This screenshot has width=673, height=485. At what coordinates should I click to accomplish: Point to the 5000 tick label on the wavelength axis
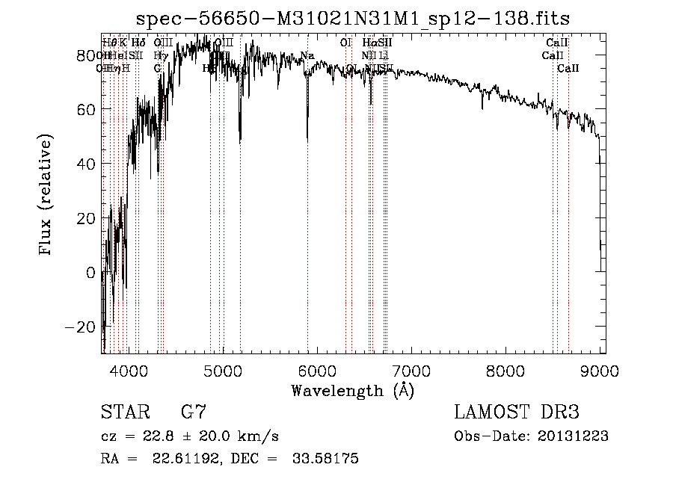click(x=223, y=371)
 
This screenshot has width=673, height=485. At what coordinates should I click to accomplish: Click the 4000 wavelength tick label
click(x=129, y=371)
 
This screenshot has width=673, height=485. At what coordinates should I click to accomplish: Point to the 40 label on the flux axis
click(x=87, y=164)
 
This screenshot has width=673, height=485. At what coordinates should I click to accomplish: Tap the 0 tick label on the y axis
click(x=91, y=273)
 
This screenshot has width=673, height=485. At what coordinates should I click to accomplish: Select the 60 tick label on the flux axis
click(x=87, y=109)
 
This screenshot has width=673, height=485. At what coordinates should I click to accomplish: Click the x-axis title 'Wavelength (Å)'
click(x=352, y=390)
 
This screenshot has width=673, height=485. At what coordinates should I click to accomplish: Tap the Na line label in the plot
click(x=307, y=55)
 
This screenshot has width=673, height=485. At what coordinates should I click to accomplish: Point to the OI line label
click(x=345, y=43)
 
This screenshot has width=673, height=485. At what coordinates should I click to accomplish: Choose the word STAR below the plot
click(x=123, y=412)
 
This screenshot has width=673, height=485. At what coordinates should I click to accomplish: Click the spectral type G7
click(x=193, y=412)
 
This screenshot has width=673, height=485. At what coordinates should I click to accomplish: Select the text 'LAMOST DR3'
click(x=516, y=412)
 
